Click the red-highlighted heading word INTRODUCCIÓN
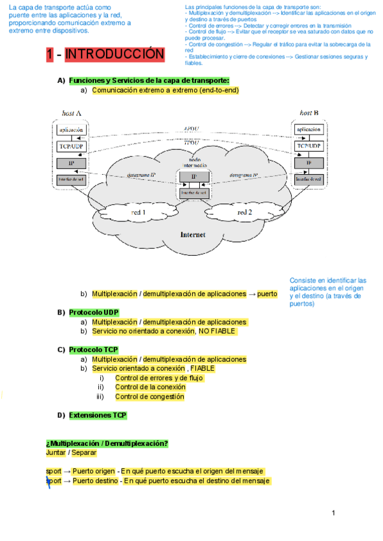[x=114, y=55]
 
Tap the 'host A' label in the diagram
[x=71, y=113]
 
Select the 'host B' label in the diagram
[x=309, y=113]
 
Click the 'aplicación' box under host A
[x=71, y=130]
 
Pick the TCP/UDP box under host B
[x=309, y=146]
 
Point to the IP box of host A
[x=71, y=163]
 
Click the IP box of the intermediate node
[x=193, y=177]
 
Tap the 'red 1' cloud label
[x=139, y=212]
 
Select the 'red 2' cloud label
[x=244, y=212]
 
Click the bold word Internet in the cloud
[x=193, y=234]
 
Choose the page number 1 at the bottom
[x=333, y=513]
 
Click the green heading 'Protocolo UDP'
[x=94, y=313]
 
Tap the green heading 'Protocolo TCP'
[x=94, y=350]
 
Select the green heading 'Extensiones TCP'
[x=98, y=415]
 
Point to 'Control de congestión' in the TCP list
[x=149, y=397]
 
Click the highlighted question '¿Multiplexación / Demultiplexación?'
[x=107, y=443]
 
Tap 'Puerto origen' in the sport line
[x=94, y=471]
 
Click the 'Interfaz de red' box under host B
[x=309, y=180]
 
